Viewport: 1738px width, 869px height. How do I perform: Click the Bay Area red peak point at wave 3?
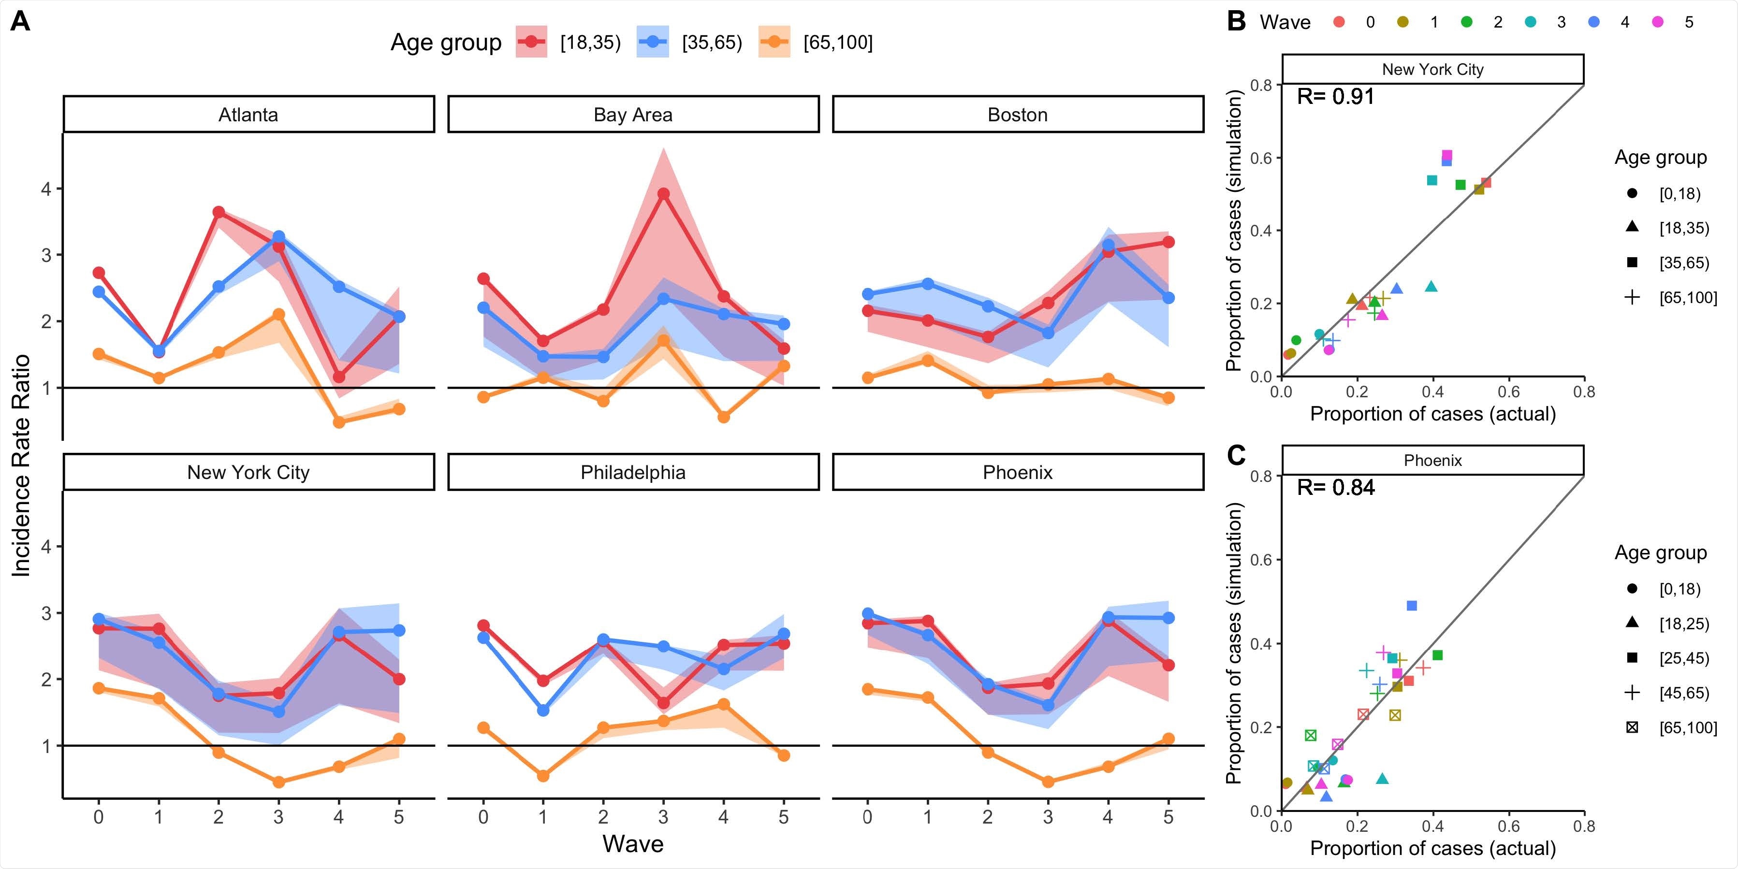point(663,194)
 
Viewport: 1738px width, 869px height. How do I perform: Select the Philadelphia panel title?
point(633,472)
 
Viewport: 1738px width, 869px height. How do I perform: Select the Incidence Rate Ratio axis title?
point(22,465)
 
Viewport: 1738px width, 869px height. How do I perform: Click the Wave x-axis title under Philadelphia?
point(633,844)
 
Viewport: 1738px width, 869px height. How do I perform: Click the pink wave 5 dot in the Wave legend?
point(1658,22)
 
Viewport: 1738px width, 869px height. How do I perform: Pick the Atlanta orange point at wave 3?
point(278,315)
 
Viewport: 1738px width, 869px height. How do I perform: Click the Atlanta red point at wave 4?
point(339,377)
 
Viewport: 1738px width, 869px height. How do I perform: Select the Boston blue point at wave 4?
point(1108,245)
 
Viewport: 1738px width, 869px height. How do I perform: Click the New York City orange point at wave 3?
point(278,782)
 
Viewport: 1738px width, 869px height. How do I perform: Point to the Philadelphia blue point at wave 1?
point(543,710)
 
